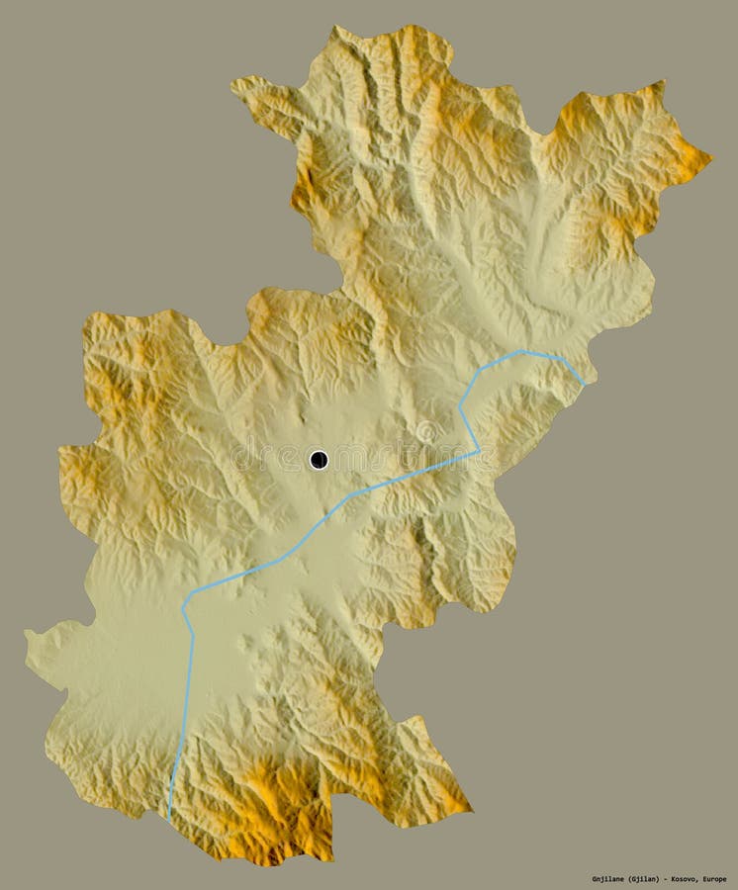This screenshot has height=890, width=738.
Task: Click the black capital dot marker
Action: point(319,459)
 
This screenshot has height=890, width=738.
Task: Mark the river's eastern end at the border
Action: point(584,384)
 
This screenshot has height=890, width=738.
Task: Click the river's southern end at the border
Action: point(169,816)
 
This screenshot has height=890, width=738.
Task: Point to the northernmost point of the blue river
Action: point(524,351)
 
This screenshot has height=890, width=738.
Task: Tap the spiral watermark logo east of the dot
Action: point(425,432)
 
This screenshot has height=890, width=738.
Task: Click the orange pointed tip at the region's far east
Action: point(709,155)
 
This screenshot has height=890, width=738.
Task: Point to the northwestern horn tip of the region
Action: point(234,82)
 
